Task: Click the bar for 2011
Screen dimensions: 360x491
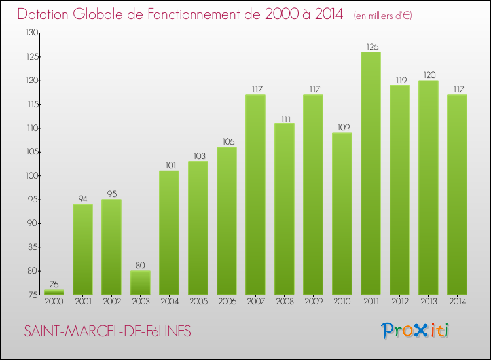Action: [x=371, y=173]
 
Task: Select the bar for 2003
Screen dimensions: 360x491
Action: [x=140, y=283]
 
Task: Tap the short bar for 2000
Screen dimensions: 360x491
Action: [x=54, y=293]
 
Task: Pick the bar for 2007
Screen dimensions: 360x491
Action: [x=255, y=195]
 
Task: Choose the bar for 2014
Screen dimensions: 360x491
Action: [x=457, y=195]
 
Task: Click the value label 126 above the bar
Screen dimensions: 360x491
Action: [x=371, y=46]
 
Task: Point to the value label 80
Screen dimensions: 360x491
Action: [x=140, y=265]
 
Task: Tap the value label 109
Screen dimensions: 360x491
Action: [x=342, y=127]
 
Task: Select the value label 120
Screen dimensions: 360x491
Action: [x=428, y=75]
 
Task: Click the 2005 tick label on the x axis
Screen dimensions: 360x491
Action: [x=198, y=302]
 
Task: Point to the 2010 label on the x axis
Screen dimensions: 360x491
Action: [x=342, y=302]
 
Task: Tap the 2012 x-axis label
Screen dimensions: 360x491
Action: [x=399, y=302]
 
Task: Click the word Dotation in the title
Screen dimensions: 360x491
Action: [x=48, y=14]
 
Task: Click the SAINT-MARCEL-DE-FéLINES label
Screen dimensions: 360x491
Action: [x=107, y=332]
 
